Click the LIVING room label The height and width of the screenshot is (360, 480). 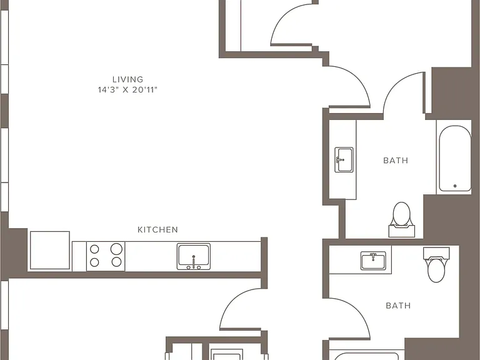point(127,79)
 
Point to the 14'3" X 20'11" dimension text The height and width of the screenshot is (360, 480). point(127,90)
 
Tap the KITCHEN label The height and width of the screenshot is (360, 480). point(157,230)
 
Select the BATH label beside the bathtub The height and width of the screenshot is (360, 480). point(396,161)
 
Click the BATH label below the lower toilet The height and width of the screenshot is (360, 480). point(398,306)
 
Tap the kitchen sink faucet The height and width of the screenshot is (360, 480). point(194,262)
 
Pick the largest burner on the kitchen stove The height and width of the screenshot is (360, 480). point(116,249)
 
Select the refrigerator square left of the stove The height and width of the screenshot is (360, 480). point(50,251)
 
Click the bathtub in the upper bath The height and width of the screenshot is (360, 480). point(455,158)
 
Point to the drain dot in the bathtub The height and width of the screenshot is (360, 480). point(455,186)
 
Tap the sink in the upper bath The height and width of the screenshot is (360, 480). point(344,159)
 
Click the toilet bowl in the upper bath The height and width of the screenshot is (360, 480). point(401,213)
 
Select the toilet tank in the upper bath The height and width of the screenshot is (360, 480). point(402,231)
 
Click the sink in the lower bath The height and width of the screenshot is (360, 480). point(373,261)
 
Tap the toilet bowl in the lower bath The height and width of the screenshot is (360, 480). point(436,270)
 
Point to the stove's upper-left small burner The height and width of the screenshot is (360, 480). point(94,249)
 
